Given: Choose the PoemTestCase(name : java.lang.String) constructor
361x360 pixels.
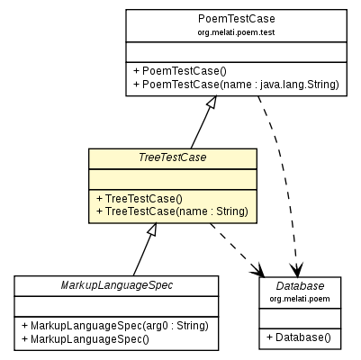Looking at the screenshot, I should click(235, 85).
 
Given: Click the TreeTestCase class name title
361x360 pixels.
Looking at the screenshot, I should click(172, 157).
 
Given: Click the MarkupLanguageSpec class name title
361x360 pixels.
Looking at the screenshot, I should click(116, 285).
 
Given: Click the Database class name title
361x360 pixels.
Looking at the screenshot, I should click(300, 285).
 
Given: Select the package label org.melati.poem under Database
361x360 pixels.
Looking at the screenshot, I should click(300, 298).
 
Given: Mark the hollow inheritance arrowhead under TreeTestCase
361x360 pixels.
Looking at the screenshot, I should click(152, 229).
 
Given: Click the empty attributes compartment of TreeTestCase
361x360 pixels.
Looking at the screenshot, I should click(172, 178).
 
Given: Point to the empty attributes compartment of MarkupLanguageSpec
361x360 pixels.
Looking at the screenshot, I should click(116, 305).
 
